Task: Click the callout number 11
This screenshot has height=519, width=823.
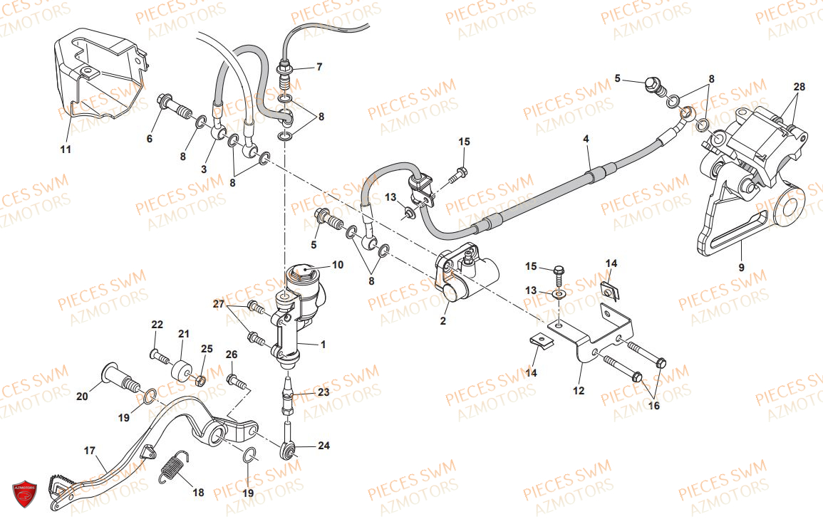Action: pyautogui.click(x=65, y=150)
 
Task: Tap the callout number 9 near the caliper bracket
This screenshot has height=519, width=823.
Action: pyautogui.click(x=741, y=268)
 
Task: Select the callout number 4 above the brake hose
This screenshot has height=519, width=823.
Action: pyautogui.click(x=586, y=139)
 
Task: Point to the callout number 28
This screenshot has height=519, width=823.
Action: pyautogui.click(x=799, y=87)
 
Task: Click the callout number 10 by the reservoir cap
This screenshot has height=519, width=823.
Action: pyautogui.click(x=338, y=265)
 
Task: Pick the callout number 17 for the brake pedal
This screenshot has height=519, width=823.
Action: pyautogui.click(x=90, y=451)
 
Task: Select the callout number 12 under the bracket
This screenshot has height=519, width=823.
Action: pyautogui.click(x=579, y=391)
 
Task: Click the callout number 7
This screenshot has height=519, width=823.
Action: pyautogui.click(x=319, y=67)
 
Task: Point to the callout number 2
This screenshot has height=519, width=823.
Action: pyautogui.click(x=443, y=320)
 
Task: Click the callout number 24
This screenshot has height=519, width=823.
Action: pyautogui.click(x=323, y=446)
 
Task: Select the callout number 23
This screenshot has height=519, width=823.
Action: pyautogui.click(x=323, y=392)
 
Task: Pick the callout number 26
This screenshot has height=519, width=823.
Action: pyautogui.click(x=232, y=355)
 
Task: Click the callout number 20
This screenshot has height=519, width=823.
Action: pyautogui.click(x=83, y=397)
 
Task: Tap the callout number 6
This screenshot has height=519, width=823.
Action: pyautogui.click(x=150, y=139)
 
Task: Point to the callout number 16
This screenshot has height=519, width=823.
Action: pyautogui.click(x=653, y=405)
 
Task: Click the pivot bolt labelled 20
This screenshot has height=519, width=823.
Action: pyautogui.click(x=120, y=379)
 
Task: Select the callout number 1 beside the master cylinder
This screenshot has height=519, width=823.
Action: pyautogui.click(x=323, y=345)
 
